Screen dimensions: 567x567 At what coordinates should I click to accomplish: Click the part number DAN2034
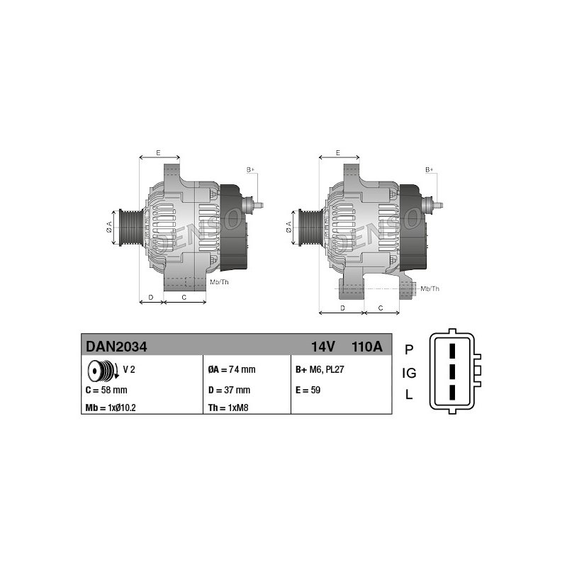pos(116,347)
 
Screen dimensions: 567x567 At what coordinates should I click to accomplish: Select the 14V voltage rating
pos(323,347)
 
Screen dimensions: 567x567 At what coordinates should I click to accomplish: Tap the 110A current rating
pos(366,347)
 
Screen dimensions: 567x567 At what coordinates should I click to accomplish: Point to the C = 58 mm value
pos(106,391)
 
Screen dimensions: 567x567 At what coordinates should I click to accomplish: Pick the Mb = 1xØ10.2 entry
pos(111,408)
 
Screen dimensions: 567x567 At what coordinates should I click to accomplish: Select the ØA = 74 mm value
pos(232,369)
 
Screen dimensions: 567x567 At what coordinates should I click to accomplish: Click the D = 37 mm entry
pos(229,391)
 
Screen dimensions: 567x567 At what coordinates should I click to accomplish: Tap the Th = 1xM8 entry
pos(228,408)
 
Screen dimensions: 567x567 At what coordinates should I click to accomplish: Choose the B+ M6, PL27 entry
pos(320,369)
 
